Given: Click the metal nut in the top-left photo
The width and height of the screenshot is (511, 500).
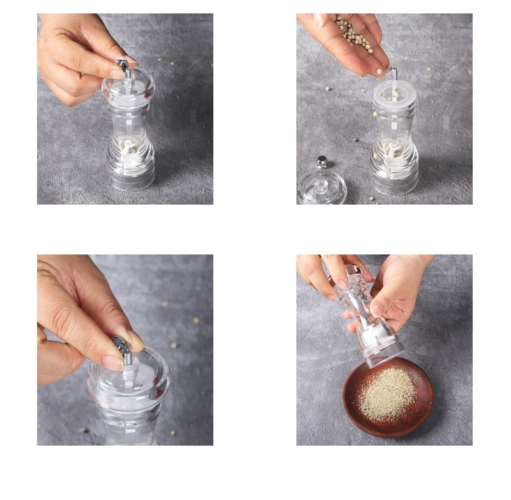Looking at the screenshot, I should (123, 64).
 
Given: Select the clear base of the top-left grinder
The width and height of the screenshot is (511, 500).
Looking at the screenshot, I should (131, 173).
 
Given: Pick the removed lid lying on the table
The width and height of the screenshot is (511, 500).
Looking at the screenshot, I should (322, 187).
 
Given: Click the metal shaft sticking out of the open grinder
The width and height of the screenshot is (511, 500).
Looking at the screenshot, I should (394, 75).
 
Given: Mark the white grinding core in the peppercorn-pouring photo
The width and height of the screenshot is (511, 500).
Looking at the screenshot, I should (393, 151).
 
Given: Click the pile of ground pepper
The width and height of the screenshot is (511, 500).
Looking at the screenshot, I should (387, 393).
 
